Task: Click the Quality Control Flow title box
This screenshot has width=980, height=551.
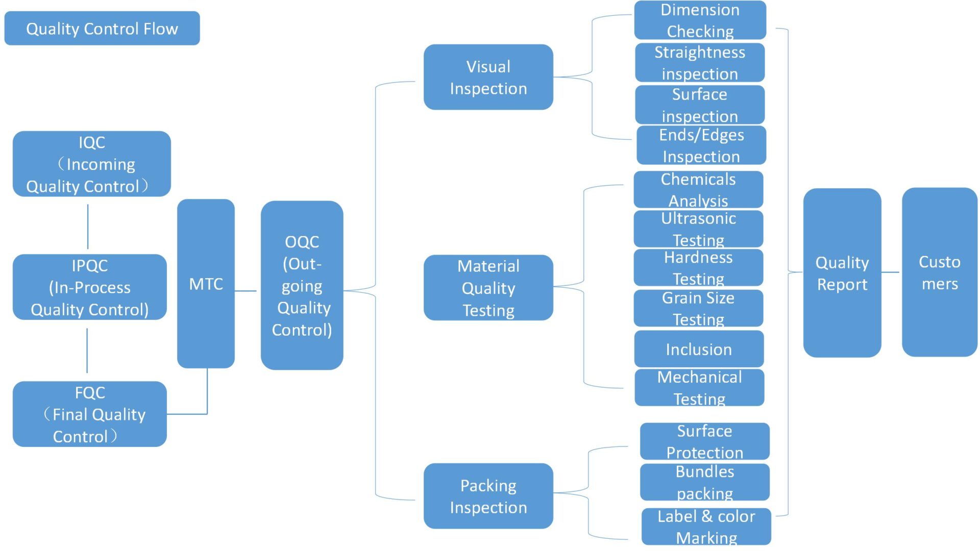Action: [102, 29]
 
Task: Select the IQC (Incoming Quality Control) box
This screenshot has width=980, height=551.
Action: [92, 164]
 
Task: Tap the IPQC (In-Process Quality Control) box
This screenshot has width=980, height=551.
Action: [90, 287]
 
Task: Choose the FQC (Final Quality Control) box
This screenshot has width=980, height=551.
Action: [90, 414]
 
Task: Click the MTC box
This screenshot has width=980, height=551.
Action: [206, 284]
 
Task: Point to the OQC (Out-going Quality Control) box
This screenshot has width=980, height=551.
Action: [302, 285]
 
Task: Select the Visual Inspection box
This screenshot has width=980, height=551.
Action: [488, 77]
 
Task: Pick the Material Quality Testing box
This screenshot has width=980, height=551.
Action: [488, 288]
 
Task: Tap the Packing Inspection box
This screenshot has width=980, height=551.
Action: [488, 496]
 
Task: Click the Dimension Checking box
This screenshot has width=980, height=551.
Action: [700, 20]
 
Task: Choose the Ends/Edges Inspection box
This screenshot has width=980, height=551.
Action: [701, 145]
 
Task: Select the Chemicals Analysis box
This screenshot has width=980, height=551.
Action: [698, 189]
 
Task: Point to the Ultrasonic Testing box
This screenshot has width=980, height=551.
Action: [698, 229]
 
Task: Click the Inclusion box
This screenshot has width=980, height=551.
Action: [699, 349]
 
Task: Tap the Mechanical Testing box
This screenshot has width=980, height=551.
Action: [699, 388]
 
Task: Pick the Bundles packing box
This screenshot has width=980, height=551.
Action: [705, 482]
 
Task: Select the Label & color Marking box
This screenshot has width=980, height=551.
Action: [706, 527]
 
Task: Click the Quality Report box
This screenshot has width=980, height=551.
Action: [842, 273]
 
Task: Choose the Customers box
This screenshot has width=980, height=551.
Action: [940, 272]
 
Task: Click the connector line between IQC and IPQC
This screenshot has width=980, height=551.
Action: [88, 226]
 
